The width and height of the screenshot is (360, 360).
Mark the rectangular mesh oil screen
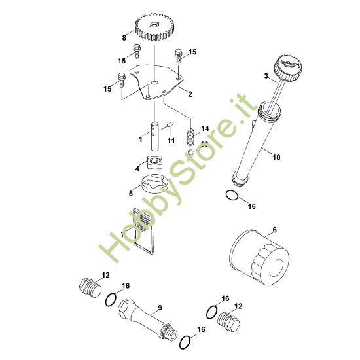click(x=143, y=229)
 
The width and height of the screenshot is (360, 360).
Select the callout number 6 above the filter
click(x=274, y=230)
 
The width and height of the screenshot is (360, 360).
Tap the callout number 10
click(x=275, y=156)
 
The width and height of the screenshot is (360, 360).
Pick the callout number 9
click(x=159, y=307)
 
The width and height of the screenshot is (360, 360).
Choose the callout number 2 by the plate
click(x=189, y=94)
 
